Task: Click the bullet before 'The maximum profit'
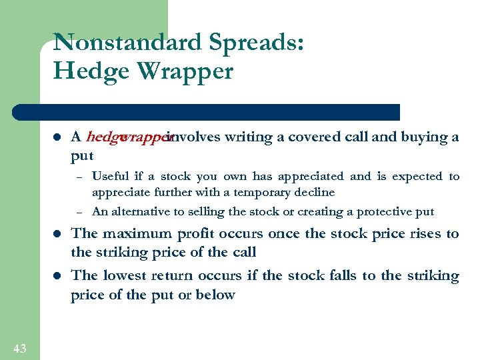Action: click(57, 234)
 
